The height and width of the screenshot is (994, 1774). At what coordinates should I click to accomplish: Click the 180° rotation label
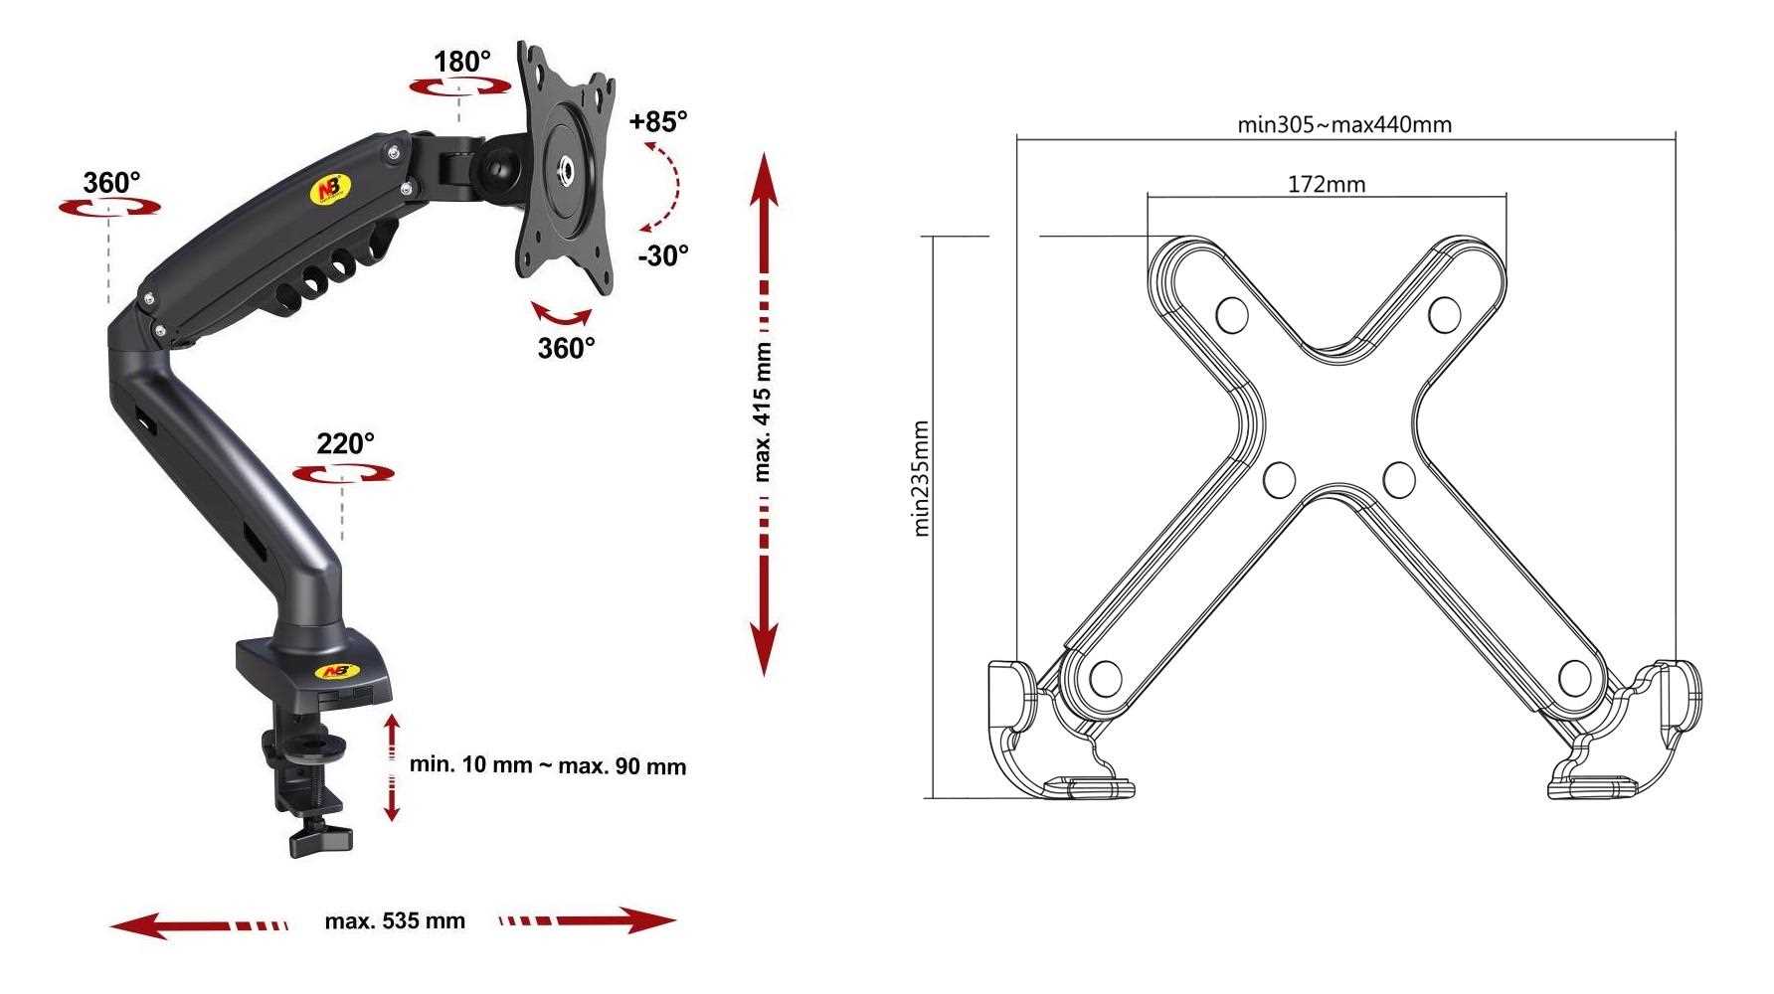tap(462, 62)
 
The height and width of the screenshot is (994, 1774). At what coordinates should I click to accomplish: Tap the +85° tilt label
tap(658, 122)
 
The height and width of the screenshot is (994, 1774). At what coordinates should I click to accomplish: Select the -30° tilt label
tap(662, 255)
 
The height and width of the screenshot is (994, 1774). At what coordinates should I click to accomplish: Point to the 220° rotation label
tap(345, 443)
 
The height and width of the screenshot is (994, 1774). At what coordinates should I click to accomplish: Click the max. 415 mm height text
tap(763, 413)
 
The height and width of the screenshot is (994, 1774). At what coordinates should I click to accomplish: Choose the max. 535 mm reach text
tap(395, 921)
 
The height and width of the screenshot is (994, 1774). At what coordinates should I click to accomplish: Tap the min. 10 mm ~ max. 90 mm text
tap(548, 765)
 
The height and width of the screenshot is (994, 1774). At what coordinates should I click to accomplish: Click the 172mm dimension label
tap(1327, 184)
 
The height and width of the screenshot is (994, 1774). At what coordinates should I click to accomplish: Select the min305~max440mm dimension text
tap(1344, 124)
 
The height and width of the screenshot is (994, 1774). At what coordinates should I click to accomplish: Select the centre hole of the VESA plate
tap(569, 170)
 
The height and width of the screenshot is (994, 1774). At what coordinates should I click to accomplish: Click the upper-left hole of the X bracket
tap(1232, 315)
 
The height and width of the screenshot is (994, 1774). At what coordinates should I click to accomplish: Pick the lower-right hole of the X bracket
tap(1574, 678)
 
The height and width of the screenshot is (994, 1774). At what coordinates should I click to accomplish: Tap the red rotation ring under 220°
tap(344, 474)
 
